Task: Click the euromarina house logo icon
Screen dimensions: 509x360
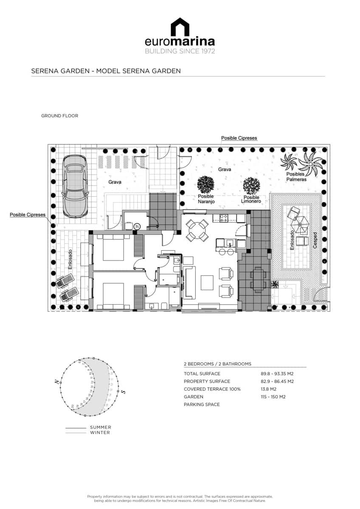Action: (x=180, y=27)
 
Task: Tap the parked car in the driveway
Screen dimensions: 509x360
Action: (x=75, y=185)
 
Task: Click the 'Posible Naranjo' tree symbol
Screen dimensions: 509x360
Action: (x=206, y=185)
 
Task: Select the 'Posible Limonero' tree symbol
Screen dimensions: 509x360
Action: (x=251, y=185)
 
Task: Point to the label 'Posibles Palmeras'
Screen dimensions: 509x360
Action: (x=295, y=176)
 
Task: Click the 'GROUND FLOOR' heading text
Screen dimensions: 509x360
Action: (x=59, y=116)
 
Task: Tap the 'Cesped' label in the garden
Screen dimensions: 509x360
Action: (x=315, y=241)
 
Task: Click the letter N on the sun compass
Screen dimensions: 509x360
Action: (x=56, y=382)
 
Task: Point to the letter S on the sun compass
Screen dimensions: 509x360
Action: (x=123, y=392)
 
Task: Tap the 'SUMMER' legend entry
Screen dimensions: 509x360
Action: (x=101, y=428)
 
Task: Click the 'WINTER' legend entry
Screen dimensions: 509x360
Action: (x=100, y=433)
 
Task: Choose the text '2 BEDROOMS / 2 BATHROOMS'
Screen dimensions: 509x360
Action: (x=217, y=364)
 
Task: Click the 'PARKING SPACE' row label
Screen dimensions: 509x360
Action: (x=202, y=404)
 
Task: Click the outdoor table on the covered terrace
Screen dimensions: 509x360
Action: (x=259, y=280)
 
